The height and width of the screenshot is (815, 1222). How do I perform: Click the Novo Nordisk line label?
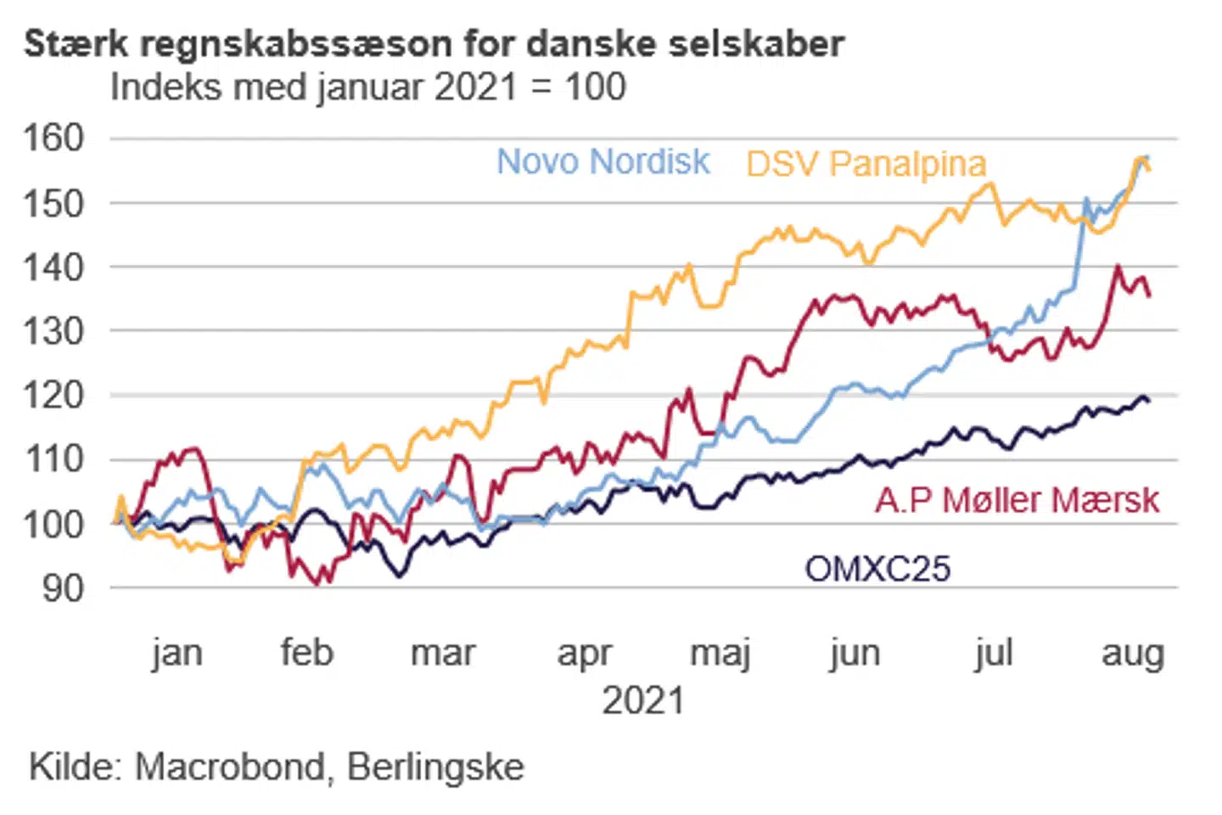[603, 161]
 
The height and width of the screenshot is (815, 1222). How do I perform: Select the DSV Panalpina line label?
[866, 164]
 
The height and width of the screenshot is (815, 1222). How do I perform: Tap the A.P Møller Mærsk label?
[1017, 500]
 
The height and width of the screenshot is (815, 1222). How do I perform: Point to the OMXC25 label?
[877, 569]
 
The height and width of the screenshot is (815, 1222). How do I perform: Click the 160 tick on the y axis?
[53, 138]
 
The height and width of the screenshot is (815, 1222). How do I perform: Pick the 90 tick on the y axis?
[64, 587]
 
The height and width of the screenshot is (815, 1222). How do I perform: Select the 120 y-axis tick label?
[53, 395]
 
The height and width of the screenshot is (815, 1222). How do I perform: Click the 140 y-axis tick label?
[53, 267]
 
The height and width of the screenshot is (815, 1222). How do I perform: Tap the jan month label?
[177, 654]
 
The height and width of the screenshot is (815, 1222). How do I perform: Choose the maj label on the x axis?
[720, 654]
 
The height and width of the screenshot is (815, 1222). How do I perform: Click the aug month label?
[1132, 654]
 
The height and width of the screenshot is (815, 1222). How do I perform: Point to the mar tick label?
[443, 654]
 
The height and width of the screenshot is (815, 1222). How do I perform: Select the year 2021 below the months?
[642, 701]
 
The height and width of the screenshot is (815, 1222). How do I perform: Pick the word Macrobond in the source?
[230, 767]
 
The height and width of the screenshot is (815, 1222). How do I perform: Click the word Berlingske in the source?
[435, 767]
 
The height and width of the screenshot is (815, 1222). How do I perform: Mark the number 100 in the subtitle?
[595, 87]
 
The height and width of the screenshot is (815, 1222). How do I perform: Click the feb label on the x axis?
[306, 654]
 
